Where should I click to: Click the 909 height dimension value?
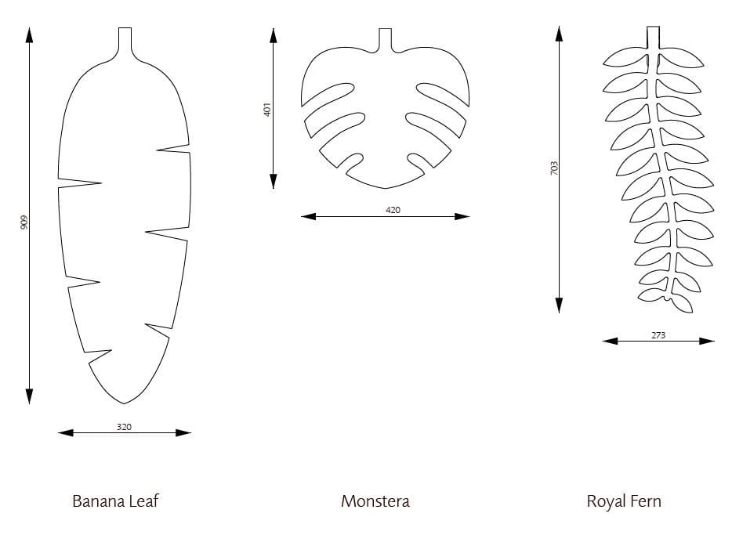(x=24, y=222)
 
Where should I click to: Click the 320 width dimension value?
(x=124, y=427)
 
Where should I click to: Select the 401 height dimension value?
(x=267, y=110)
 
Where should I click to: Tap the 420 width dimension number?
(x=393, y=210)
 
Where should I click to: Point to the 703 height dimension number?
(x=554, y=168)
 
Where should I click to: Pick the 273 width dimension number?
(x=658, y=335)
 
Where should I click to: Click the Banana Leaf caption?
(x=115, y=501)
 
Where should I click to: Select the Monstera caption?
(x=375, y=501)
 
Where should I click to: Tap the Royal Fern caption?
(x=624, y=502)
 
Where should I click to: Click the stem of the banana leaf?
(x=125, y=41)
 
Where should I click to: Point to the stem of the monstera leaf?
(x=385, y=39)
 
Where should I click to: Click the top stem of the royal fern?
(x=653, y=38)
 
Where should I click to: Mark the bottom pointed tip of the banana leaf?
(x=124, y=403)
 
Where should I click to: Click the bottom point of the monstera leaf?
(x=385, y=189)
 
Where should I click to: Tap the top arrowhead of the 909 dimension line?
(x=30, y=34)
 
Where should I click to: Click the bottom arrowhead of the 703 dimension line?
(x=559, y=305)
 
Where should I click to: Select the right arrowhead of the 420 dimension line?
(x=462, y=216)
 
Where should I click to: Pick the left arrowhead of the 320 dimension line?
(x=66, y=433)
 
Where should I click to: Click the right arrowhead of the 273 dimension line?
(x=707, y=341)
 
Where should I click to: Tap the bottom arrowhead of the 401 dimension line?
(x=274, y=181)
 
